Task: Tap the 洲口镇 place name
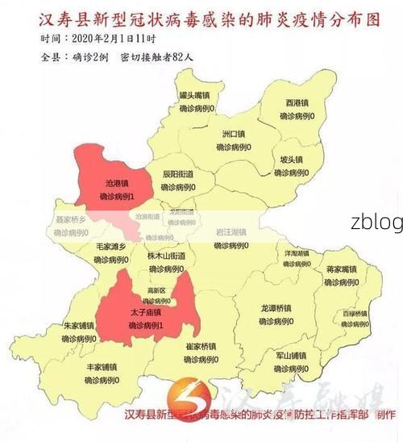(234, 134)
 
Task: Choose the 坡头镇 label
(291, 159)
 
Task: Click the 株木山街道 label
(166, 256)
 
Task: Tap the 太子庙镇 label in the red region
(146, 312)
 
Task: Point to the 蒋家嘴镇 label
(341, 269)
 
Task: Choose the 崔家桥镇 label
(201, 346)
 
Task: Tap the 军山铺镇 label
(291, 355)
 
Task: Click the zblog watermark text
(376, 223)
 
